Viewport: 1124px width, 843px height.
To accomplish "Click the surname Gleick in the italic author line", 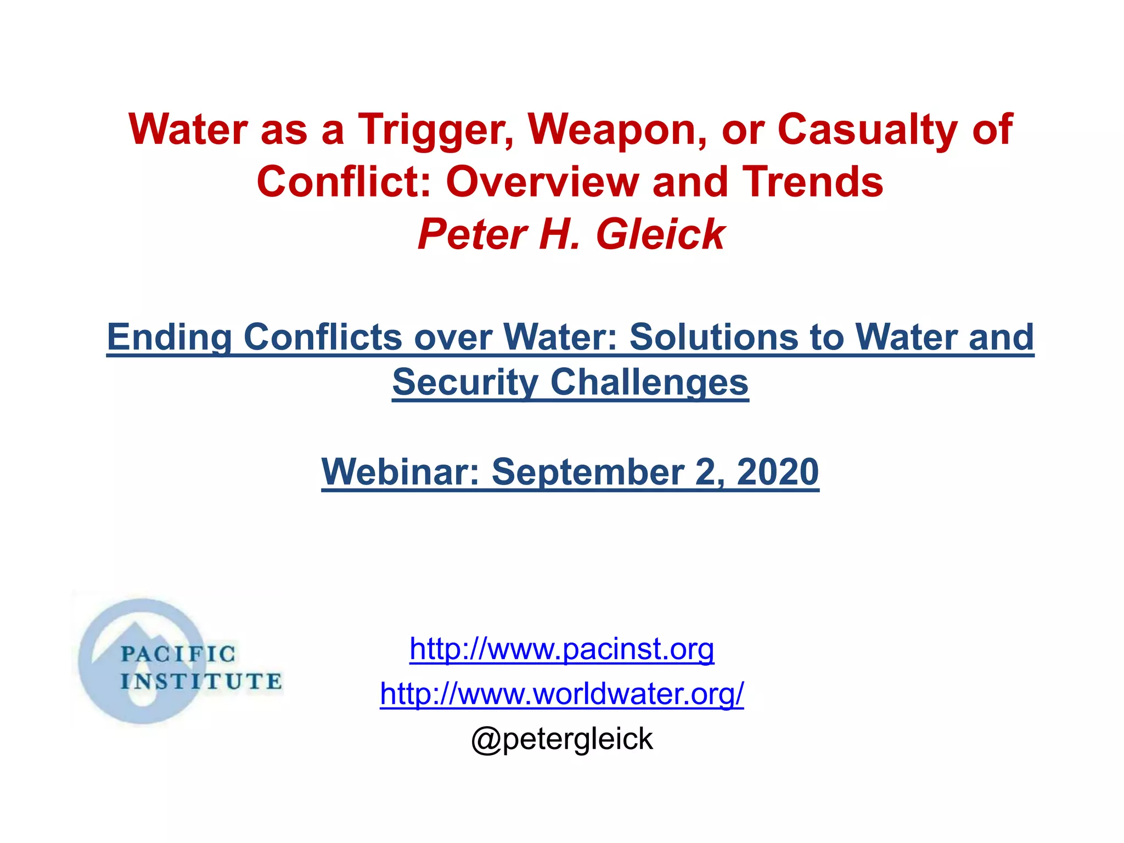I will (660, 235).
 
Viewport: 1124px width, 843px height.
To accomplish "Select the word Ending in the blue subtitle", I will (170, 337).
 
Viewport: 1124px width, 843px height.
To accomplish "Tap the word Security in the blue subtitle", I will (465, 383).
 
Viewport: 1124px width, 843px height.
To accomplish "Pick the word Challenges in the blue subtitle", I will (649, 383).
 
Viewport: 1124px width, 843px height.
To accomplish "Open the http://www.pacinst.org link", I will (561, 649).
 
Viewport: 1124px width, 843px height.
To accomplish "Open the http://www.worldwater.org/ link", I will (561, 694).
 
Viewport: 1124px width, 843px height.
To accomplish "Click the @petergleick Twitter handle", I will (561, 739).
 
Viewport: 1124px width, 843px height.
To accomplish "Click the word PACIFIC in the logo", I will (177, 654).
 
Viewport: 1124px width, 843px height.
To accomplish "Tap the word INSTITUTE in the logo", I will (201, 682).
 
